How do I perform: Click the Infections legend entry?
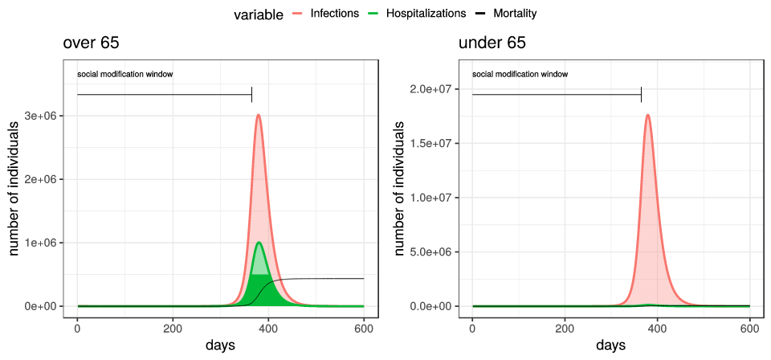[x=333, y=14]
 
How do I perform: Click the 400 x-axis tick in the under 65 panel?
[x=657, y=328]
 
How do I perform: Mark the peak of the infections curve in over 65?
[x=259, y=115]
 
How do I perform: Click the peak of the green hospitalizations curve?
[x=259, y=243]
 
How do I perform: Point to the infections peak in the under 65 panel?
[x=647, y=115]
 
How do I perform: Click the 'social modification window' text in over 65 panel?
[x=125, y=75]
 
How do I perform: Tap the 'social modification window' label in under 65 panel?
[x=520, y=74]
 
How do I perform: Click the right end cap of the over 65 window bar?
[x=252, y=95]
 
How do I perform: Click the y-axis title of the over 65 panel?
[x=14, y=189]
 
